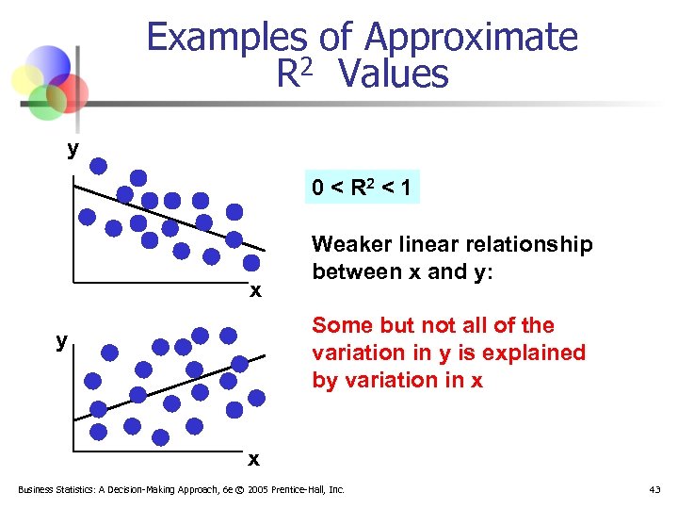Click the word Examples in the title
[226, 38]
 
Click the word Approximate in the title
[470, 38]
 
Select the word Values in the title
[395, 74]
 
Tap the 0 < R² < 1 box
[362, 189]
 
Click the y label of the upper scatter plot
[73, 148]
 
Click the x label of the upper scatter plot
[255, 290]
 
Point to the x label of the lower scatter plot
[253, 459]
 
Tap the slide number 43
[655, 489]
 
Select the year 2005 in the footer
[251, 489]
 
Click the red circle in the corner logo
[69, 92]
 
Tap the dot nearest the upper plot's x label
[252, 263]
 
